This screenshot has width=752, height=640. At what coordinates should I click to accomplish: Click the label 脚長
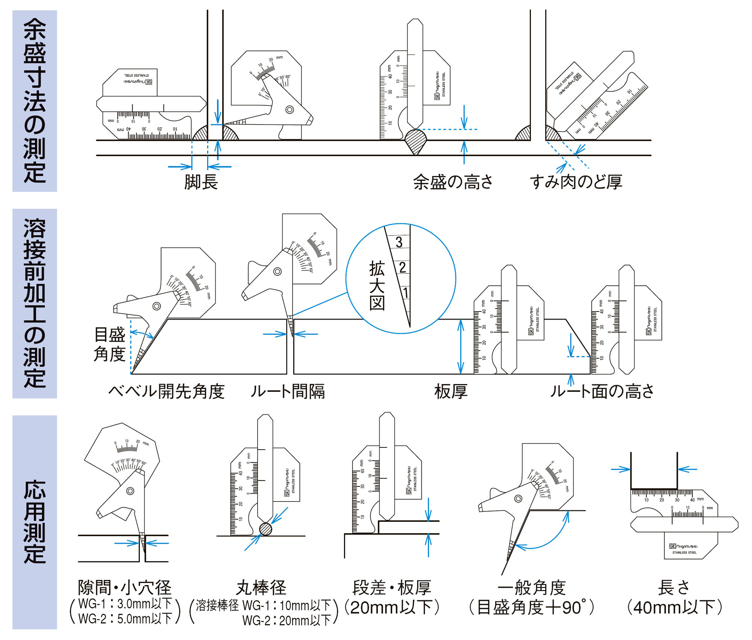point(201,182)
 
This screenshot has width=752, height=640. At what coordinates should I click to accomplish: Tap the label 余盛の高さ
point(453,182)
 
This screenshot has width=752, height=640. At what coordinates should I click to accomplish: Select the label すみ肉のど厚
point(576,182)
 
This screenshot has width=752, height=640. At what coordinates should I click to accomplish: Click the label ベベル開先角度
point(166,392)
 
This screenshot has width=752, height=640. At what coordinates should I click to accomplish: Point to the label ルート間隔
point(288,392)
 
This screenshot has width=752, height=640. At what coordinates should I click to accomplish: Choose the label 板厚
point(451,392)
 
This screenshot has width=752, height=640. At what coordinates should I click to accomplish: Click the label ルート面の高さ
point(602,392)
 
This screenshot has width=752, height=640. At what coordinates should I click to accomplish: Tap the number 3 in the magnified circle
point(399,242)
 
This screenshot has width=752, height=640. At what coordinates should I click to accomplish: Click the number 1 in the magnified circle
point(405,293)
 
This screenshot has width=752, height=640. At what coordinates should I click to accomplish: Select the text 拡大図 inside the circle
point(377,286)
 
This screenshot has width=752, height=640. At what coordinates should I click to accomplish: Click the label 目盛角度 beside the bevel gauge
point(109,344)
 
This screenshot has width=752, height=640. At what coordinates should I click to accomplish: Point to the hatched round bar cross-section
point(266,529)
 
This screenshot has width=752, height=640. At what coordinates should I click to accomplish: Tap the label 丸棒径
point(261,588)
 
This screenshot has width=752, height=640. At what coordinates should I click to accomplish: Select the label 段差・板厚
point(391,588)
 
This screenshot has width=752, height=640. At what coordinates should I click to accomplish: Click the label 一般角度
point(532,588)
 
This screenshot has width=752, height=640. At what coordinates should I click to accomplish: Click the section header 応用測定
point(35,522)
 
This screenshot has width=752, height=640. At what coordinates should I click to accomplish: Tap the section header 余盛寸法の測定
point(35,101)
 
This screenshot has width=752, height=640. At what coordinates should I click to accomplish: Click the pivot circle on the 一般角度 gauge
point(518,499)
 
